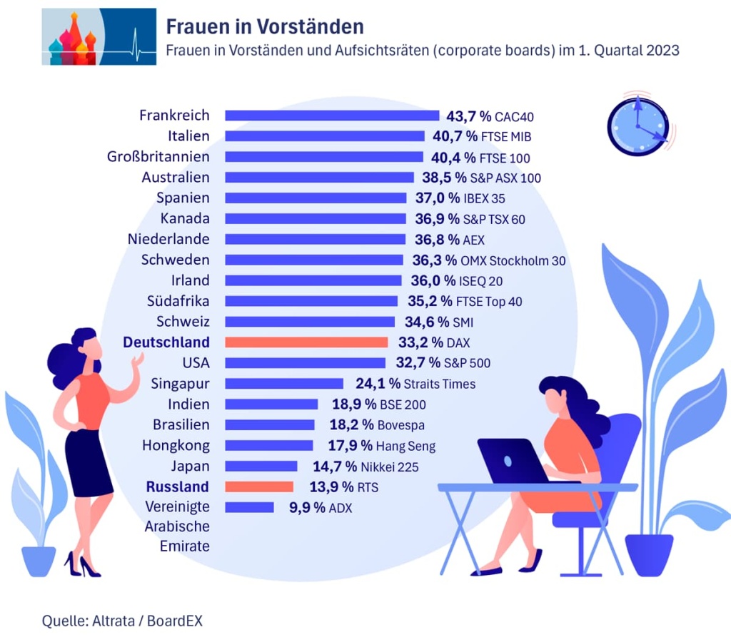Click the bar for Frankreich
tap(332, 116)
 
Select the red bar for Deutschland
tap(306, 342)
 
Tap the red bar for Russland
tap(259, 487)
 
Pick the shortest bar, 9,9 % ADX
tap(249, 508)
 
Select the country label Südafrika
tap(175, 301)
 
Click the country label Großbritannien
tap(158, 156)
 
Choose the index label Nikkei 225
tap(389, 467)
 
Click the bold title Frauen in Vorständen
tap(265, 27)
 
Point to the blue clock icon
tap(637, 126)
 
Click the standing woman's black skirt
tap(89, 462)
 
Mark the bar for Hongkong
tap(269, 446)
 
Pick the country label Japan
tap(190, 467)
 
